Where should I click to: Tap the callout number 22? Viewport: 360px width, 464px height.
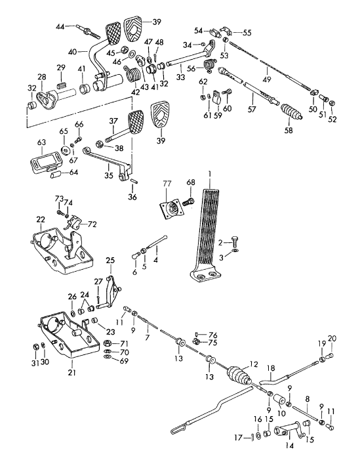point(41,220)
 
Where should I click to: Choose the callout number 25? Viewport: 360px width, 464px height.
point(110,261)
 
